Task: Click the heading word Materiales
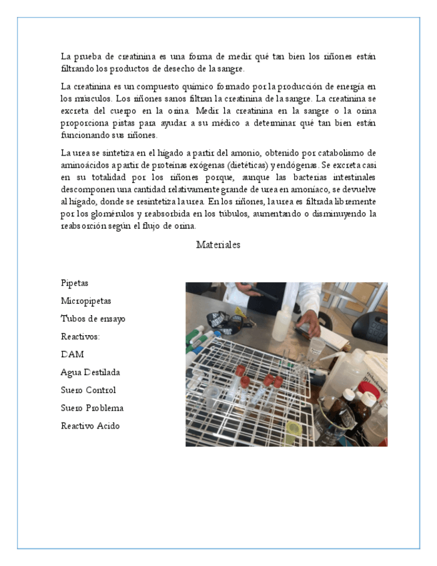(x=218, y=245)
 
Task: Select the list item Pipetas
(x=74, y=283)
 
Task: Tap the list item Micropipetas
(x=86, y=301)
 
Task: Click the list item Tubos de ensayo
(x=93, y=319)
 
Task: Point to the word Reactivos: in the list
(x=80, y=336)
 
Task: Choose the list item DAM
(x=72, y=354)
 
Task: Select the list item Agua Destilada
(x=90, y=372)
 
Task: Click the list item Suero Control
(x=88, y=390)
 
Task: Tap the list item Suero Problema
(x=92, y=408)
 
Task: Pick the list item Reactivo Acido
(x=90, y=426)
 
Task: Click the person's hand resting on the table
(x=310, y=324)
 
